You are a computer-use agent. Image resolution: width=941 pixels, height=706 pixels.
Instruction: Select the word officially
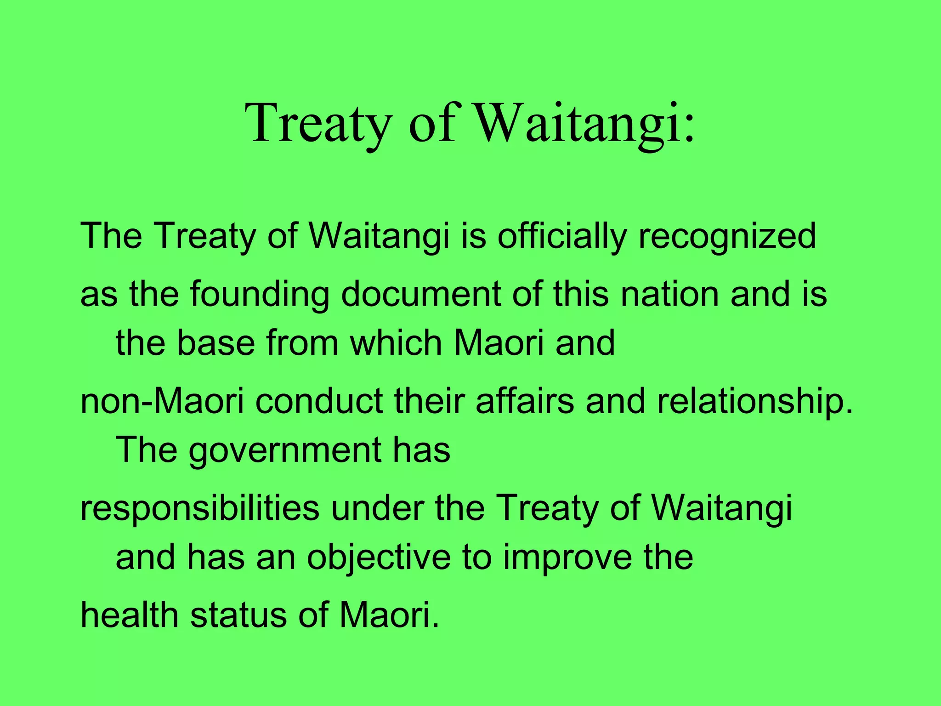tap(561, 236)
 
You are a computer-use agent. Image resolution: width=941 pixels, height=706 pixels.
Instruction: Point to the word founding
tap(260, 294)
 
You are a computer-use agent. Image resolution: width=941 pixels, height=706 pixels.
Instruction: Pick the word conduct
tap(319, 401)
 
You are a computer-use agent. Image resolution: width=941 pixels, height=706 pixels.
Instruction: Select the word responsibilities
tap(200, 509)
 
